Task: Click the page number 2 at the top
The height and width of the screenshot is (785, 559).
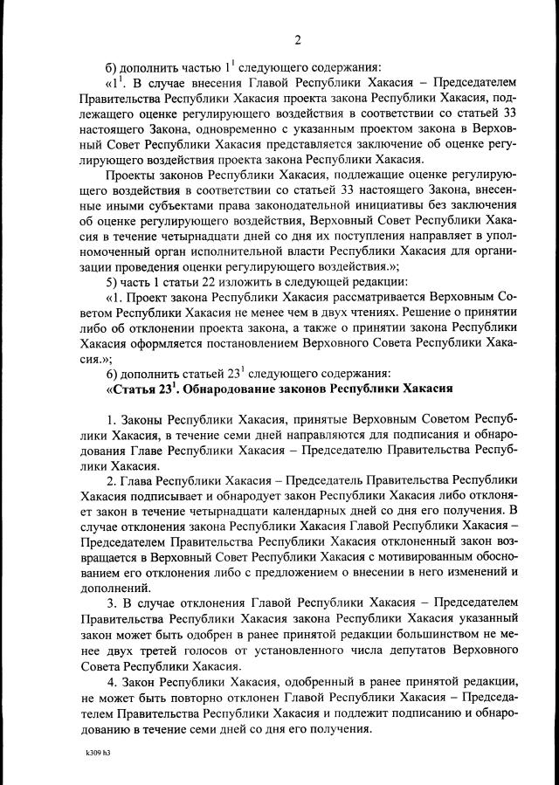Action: coord(298,39)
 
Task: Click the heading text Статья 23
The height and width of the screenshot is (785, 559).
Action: coord(140,387)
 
